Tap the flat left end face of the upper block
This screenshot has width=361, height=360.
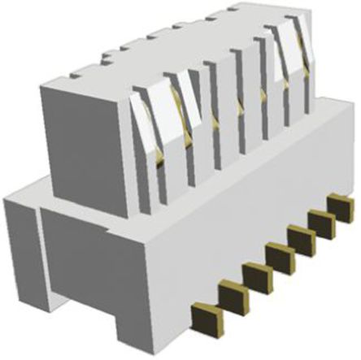coord(81,138)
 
